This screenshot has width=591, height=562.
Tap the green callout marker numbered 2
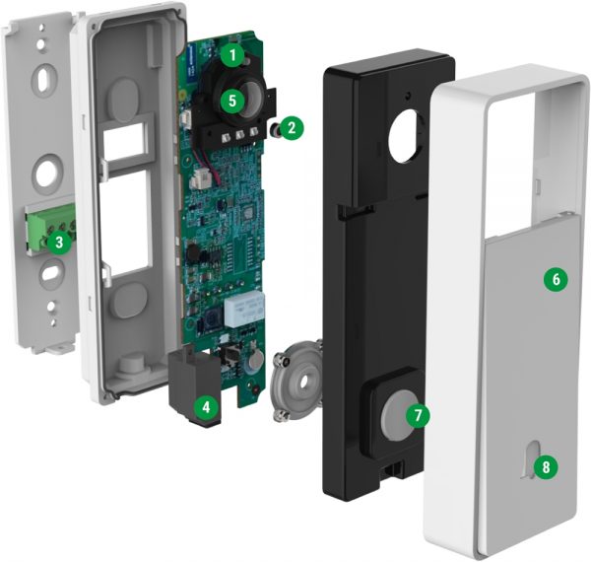[291, 127]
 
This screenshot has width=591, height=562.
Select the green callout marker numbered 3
[60, 241]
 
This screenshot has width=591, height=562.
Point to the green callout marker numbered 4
[204, 404]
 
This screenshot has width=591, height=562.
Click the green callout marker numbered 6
[556, 280]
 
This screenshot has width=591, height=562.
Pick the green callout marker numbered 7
[417, 415]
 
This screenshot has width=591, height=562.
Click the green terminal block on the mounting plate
[47, 229]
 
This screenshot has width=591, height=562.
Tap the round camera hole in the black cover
[403, 134]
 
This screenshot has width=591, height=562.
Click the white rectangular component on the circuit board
[240, 314]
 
